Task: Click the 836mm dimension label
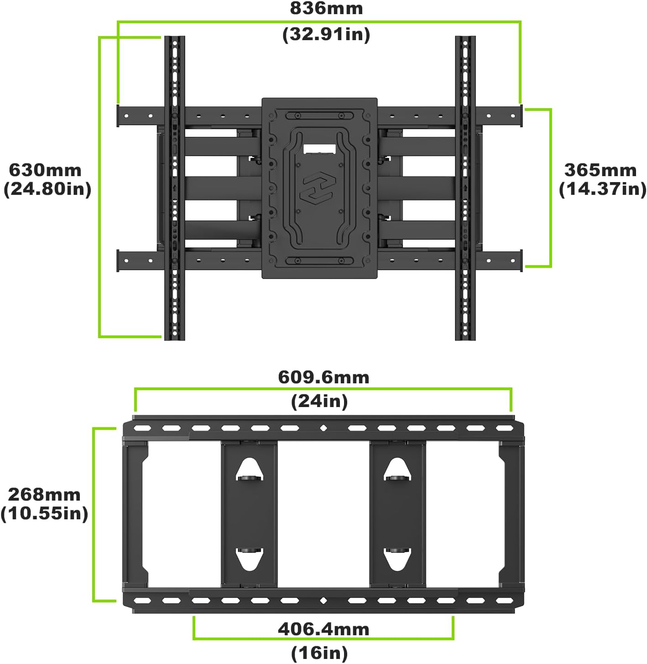coord(326,9)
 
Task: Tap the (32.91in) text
coord(326,35)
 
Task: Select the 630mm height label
coord(45,170)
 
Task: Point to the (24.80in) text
coord(47,189)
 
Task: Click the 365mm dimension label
coord(600,170)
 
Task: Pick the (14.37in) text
coord(602,189)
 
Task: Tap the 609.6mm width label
coord(323,377)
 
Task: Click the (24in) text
coord(319,401)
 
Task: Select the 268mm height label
coord(44,494)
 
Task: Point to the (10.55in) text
coord(44,513)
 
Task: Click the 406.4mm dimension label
coord(323,629)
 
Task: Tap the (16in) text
coord(319,653)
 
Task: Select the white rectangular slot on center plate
coord(319,149)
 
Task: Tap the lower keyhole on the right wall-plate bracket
coord(397,558)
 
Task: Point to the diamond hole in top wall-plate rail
coord(323,428)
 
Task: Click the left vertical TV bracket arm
coord(174,187)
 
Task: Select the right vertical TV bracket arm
coord(465,187)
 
